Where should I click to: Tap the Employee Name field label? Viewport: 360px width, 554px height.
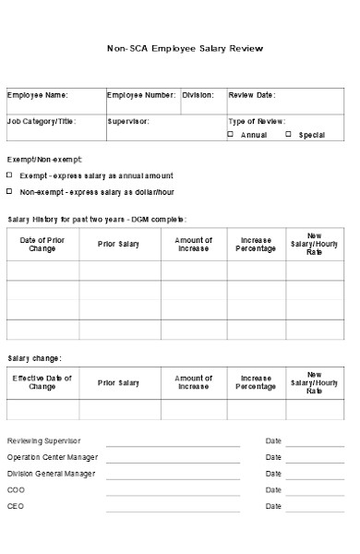click(38, 95)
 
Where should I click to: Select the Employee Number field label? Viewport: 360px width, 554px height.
click(140, 95)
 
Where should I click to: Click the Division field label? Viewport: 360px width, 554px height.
click(198, 95)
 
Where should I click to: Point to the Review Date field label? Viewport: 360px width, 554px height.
click(251, 95)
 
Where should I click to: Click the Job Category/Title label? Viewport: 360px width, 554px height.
click(42, 121)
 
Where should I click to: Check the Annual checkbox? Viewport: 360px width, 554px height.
click(231, 135)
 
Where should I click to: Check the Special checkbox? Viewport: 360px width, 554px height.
click(288, 135)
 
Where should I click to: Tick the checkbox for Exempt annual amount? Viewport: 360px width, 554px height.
click(10, 175)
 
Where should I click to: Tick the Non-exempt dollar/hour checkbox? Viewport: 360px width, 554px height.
click(10, 192)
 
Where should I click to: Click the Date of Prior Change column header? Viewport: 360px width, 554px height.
click(42, 244)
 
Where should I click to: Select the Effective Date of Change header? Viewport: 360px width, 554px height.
click(42, 382)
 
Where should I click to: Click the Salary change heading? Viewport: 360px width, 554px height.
click(35, 358)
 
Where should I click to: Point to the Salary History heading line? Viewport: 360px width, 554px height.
click(97, 220)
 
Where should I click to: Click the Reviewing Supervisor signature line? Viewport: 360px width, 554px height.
click(173, 444)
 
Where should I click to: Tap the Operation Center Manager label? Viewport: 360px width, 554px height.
click(53, 457)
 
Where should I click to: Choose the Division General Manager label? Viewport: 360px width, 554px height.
click(51, 474)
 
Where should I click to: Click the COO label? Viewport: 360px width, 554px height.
click(16, 490)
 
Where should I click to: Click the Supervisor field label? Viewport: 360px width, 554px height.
click(127, 121)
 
